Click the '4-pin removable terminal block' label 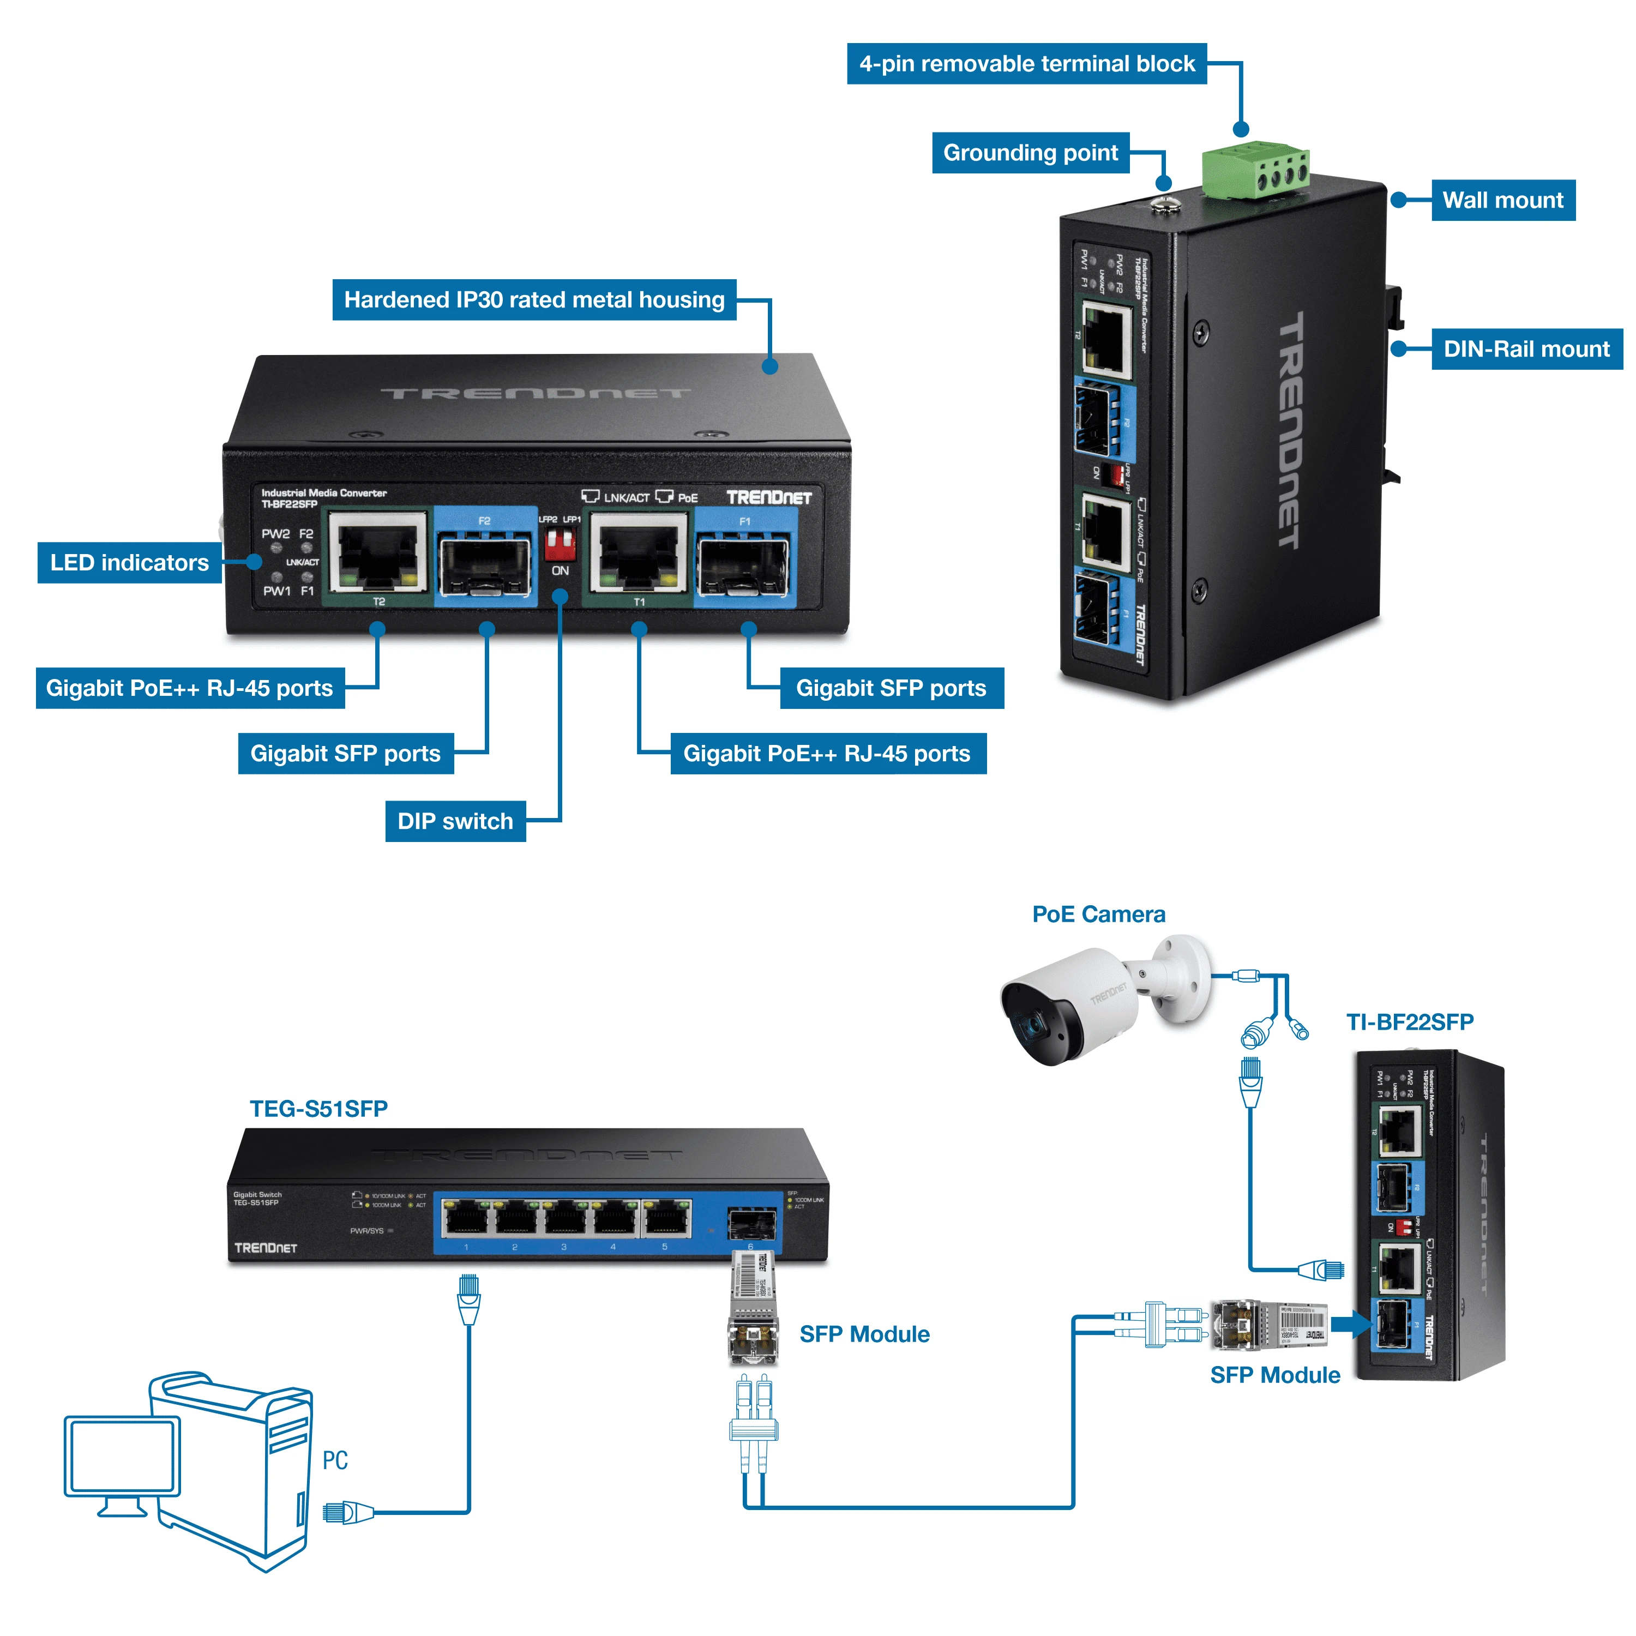[x=1026, y=63]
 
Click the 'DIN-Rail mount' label [x=1526, y=349]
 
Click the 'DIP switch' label [x=455, y=821]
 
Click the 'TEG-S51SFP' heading [x=318, y=1109]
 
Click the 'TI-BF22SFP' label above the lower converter [x=1410, y=1022]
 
